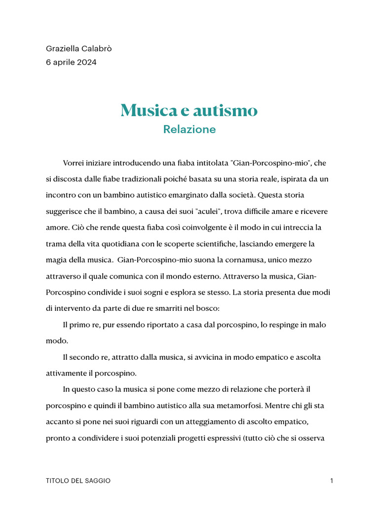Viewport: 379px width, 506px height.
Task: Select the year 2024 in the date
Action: [87, 62]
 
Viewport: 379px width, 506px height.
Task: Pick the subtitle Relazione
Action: [189, 129]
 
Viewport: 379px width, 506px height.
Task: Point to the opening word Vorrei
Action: [74, 163]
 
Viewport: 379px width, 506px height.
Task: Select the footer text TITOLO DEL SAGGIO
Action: [78, 481]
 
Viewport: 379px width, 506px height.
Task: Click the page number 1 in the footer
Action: [332, 481]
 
